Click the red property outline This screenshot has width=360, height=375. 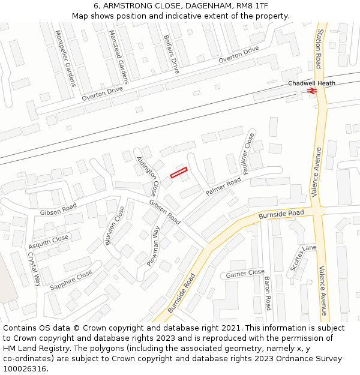coord(179,173)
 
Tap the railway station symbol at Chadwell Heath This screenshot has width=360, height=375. coord(311,91)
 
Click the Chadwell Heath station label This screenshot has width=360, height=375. coord(311,83)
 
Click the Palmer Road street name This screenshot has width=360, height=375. coord(223,186)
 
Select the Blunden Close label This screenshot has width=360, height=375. coord(115,226)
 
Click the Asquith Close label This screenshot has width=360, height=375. coord(49,242)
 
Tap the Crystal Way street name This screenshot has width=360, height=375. coord(33,268)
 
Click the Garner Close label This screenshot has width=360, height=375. coord(245,274)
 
